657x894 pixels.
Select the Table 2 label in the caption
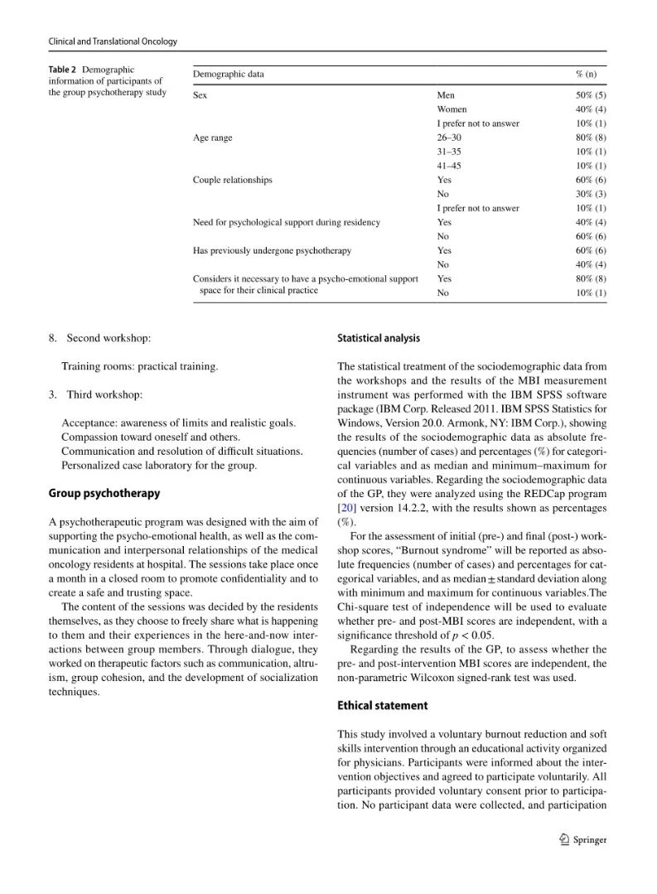point(64,70)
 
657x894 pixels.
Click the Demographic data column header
point(229,75)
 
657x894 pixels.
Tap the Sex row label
point(200,95)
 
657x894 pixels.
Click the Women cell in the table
point(452,109)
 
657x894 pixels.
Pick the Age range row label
point(213,138)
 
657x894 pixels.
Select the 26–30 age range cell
point(449,138)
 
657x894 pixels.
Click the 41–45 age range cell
point(449,166)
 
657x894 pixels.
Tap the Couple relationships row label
point(233,180)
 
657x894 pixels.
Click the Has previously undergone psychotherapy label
point(273,250)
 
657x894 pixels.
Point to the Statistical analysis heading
point(379,338)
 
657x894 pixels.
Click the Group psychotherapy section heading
point(104,494)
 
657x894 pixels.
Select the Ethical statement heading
point(383,706)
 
